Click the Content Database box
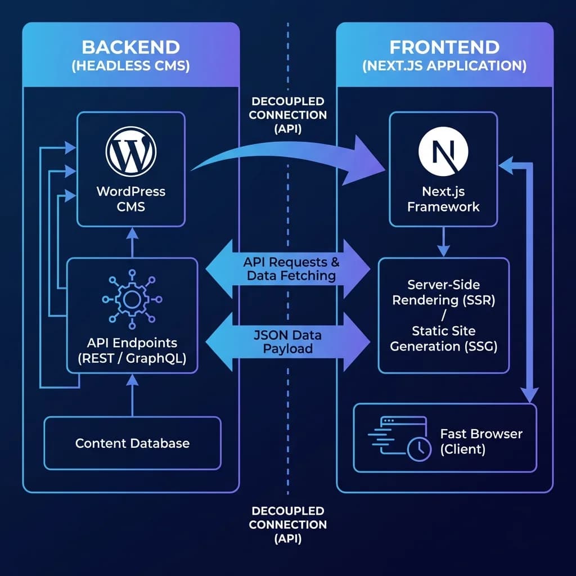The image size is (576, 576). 132,443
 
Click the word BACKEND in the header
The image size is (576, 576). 130,47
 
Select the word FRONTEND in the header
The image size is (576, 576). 444,47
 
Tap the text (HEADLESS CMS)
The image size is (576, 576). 130,66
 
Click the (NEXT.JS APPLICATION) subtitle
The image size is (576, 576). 444,66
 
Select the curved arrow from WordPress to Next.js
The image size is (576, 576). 287,153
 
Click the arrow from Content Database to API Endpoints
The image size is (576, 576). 132,397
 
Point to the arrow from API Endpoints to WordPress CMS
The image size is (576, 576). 132,242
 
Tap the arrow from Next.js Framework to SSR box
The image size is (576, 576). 443,242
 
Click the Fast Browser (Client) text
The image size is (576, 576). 481,442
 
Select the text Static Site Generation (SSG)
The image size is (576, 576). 444,339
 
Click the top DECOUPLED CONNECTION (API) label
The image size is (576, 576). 287,115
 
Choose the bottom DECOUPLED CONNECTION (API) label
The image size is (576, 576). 287,524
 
